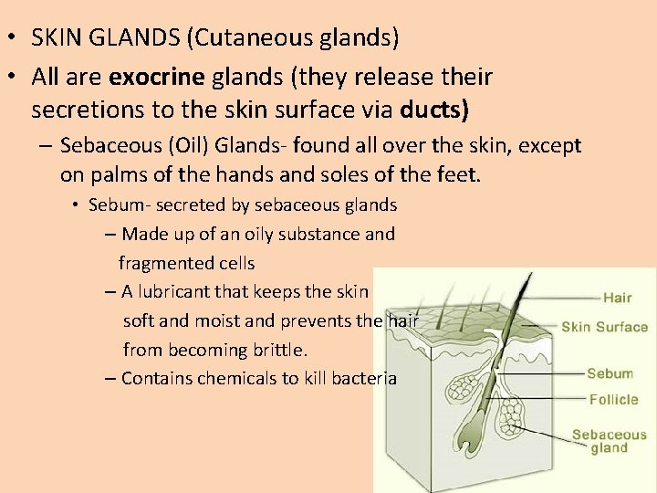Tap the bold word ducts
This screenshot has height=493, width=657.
434,110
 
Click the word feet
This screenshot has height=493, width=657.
456,174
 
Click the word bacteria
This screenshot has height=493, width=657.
365,379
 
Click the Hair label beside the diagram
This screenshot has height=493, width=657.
617,298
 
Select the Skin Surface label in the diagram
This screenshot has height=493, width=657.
604,327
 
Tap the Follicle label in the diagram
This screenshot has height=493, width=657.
613,400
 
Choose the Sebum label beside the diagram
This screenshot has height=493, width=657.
610,373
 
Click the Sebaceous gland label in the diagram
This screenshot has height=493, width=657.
609,441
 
